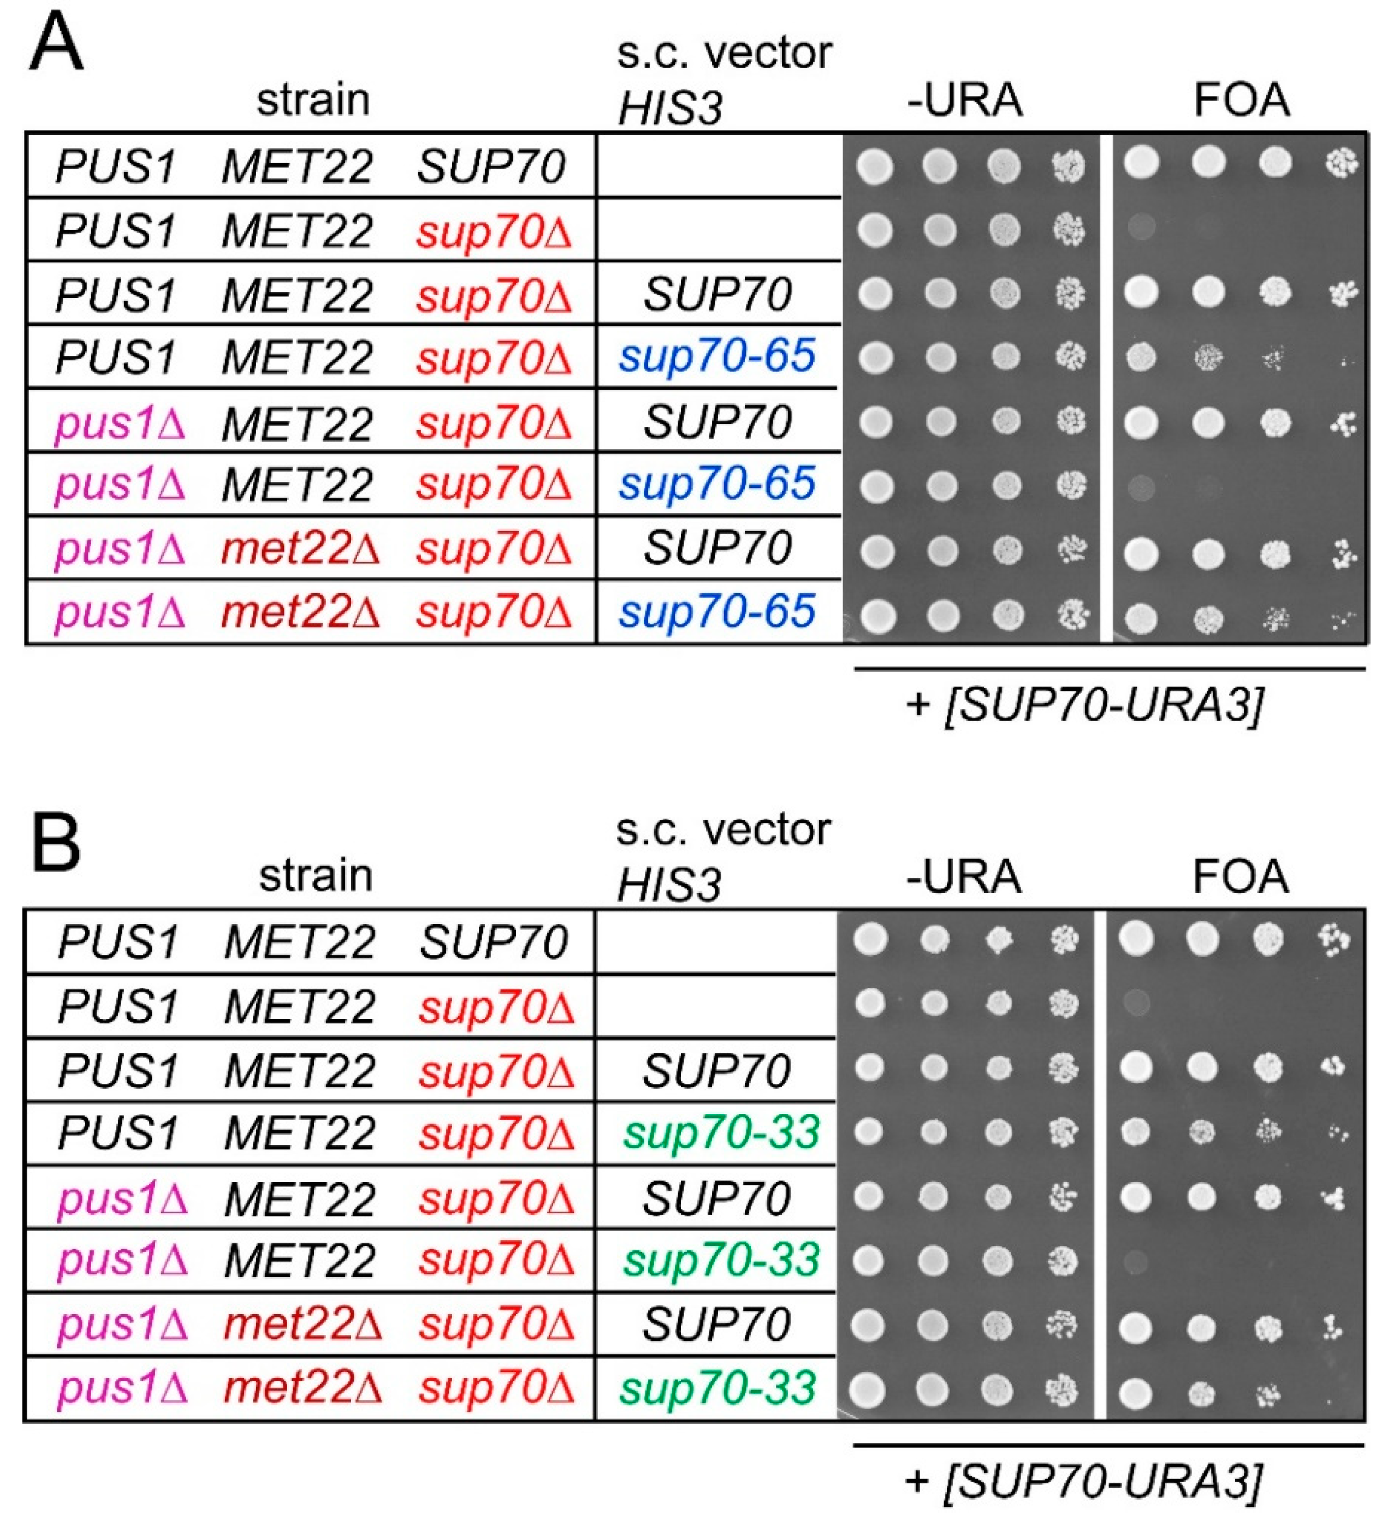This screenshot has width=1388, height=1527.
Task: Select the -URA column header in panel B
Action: point(964,876)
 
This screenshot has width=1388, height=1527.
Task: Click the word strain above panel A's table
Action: point(312,99)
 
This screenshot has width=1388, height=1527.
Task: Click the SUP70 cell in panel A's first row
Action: point(491,166)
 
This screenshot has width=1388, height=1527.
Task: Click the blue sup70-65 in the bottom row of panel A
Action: point(716,611)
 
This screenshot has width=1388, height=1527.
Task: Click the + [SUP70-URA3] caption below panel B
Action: point(1083,1481)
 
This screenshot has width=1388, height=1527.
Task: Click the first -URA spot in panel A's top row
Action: point(875,166)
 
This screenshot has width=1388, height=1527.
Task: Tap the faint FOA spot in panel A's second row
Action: point(1141,226)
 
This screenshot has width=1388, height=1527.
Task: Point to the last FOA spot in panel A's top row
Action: point(1342,163)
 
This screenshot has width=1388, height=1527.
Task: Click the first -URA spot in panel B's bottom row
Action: point(868,1390)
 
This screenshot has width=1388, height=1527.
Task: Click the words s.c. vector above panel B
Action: point(723,830)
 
